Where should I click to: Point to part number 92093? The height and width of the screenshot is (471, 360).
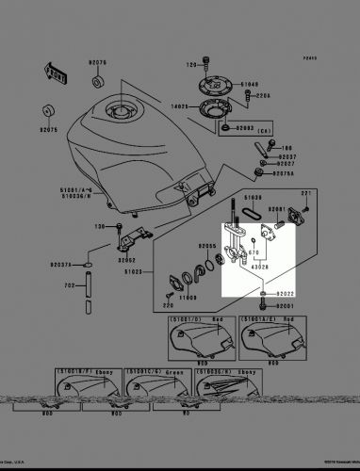coord(245,125)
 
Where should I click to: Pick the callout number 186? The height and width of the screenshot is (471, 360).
coord(286,147)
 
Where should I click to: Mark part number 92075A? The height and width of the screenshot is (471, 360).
coord(286,172)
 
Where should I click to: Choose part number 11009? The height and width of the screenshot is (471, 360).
coord(188,297)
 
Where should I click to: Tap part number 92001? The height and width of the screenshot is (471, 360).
coord(286,306)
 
